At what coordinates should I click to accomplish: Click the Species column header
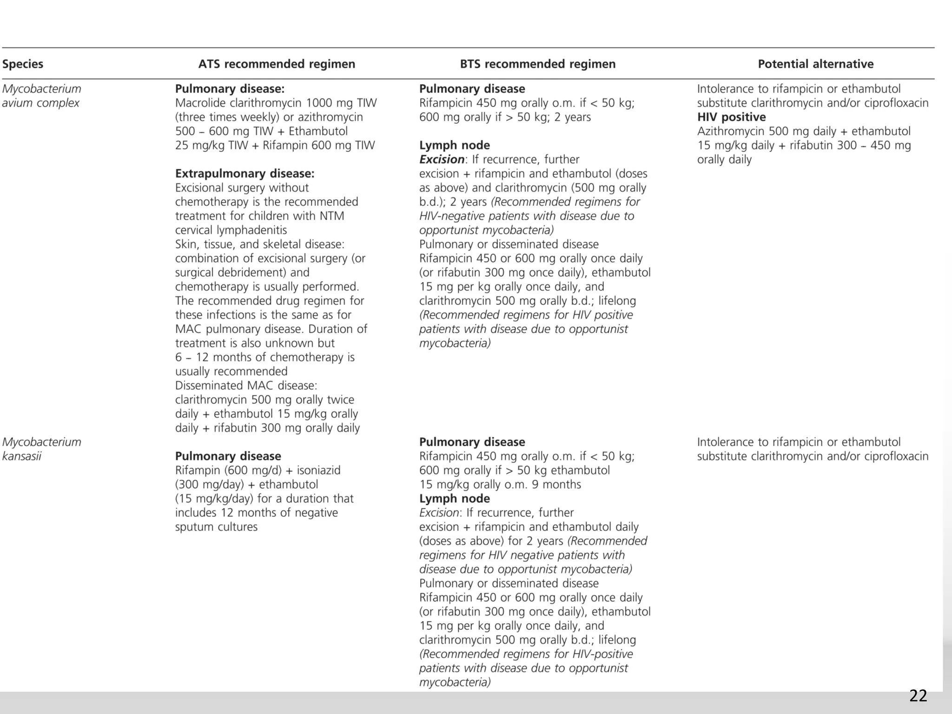click(x=22, y=64)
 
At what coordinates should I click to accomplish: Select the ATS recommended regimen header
click(x=277, y=64)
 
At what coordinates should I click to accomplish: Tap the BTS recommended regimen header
click(x=537, y=64)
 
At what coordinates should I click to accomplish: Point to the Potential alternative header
click(x=815, y=64)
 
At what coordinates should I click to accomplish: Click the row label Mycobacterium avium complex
click(x=41, y=96)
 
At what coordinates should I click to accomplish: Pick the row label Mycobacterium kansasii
click(x=41, y=449)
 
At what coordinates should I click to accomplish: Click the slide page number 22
click(x=918, y=696)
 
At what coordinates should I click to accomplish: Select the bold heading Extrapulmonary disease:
click(x=245, y=174)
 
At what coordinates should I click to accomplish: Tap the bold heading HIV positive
click(x=731, y=117)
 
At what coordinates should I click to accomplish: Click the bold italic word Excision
click(x=441, y=159)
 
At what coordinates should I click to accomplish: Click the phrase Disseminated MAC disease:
click(x=246, y=386)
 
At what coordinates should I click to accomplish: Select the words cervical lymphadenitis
click(x=231, y=230)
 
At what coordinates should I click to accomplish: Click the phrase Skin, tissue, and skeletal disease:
click(x=259, y=245)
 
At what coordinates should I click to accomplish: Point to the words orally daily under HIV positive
click(x=724, y=159)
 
